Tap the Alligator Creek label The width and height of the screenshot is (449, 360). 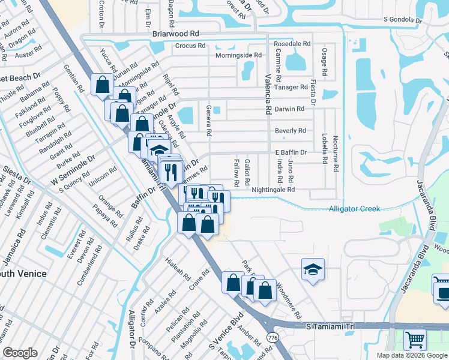[x=354, y=209]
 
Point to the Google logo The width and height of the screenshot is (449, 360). [x=20, y=353]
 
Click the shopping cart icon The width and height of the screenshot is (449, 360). [x=415, y=340]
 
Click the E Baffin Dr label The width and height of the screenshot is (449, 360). [x=291, y=153]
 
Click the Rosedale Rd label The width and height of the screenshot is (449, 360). [x=292, y=44]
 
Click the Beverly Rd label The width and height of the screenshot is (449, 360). [x=291, y=131]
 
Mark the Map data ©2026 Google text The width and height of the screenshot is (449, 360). [x=412, y=355]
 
